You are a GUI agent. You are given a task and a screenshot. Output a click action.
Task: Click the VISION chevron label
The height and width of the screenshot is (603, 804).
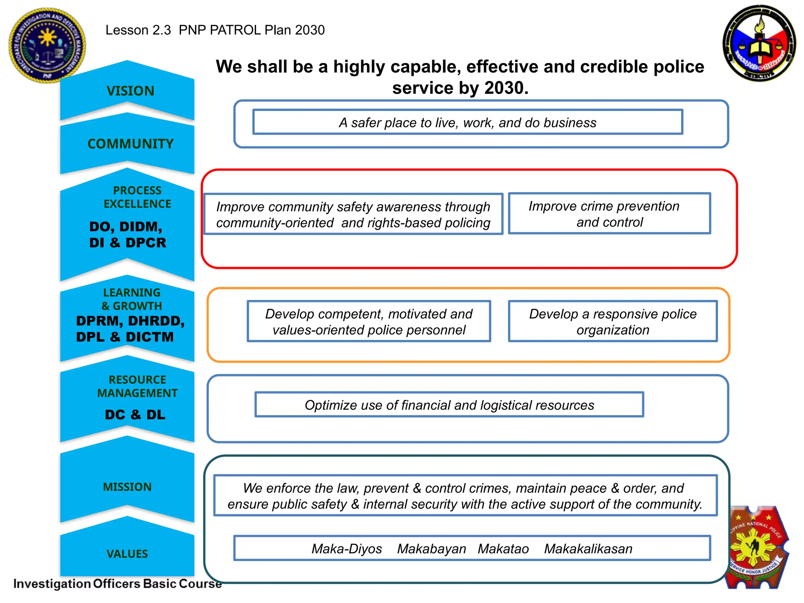click(130, 91)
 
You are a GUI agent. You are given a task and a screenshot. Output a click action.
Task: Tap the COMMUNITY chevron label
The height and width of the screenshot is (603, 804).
click(130, 144)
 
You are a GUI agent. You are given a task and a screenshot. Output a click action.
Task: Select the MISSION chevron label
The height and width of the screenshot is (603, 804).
click(127, 487)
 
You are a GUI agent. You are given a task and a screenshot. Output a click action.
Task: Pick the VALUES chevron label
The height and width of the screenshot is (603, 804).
click(127, 554)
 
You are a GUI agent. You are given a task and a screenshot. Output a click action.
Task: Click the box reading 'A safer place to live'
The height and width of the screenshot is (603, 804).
click(468, 122)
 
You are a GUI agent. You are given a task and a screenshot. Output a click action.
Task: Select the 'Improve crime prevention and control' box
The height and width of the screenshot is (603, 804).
click(609, 214)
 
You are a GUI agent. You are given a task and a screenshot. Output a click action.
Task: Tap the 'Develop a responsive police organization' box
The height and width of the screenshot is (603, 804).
click(612, 322)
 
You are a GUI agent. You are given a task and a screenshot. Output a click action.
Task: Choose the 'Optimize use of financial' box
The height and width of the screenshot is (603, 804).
click(449, 405)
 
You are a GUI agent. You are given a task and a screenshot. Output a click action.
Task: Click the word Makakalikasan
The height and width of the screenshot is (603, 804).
click(588, 548)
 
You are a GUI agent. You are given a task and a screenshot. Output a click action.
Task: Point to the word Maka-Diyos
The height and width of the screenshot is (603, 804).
click(347, 548)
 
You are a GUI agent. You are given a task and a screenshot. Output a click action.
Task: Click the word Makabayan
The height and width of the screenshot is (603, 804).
click(431, 548)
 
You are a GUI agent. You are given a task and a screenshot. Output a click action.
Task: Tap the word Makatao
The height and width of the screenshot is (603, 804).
click(503, 548)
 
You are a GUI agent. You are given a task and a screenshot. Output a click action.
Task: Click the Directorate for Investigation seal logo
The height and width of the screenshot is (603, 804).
click(47, 45)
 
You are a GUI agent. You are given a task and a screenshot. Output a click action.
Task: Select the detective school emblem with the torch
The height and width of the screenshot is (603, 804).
click(760, 43)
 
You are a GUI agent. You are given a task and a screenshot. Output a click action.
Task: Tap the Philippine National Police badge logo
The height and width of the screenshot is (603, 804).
click(756, 548)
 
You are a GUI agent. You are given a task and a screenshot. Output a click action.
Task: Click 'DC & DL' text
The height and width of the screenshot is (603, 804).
click(135, 415)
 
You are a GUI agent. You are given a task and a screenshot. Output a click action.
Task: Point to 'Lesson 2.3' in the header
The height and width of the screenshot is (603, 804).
click(138, 30)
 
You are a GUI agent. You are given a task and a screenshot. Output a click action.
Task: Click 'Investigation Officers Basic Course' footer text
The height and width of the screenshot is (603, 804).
click(117, 583)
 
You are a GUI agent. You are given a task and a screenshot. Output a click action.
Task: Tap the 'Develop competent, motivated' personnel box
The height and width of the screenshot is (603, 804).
click(369, 322)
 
